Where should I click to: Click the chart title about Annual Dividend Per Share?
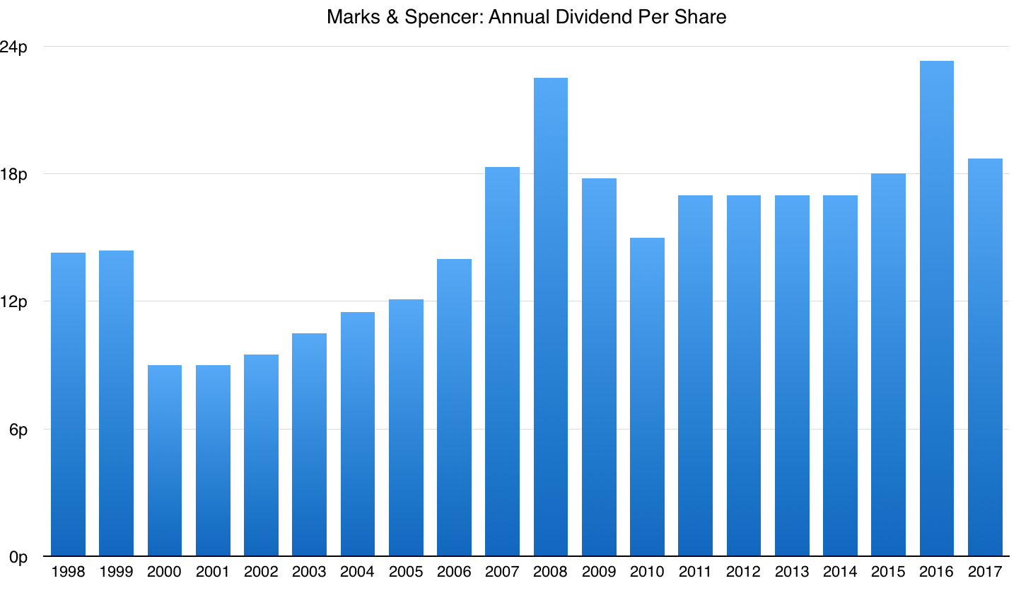coord(526,17)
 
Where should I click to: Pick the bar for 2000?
coord(165,461)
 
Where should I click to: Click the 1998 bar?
coord(68,404)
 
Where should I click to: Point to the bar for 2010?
coord(647,397)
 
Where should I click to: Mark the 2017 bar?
coord(985,357)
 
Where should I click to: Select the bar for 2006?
coord(454,408)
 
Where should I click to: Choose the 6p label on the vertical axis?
coord(21,430)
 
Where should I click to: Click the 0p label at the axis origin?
coord(21,558)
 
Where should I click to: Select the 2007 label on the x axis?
coord(502,572)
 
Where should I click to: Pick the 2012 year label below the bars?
coord(743,572)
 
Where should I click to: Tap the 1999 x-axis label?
coord(116,572)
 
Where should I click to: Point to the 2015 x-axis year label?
coord(888,572)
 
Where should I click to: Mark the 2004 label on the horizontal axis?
coord(357,572)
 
